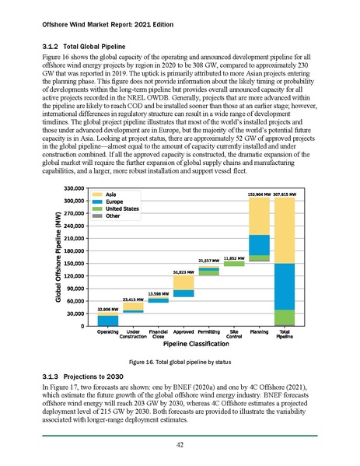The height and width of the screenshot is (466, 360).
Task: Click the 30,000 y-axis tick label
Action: click(74, 314)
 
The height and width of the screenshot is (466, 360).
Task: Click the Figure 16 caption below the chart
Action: click(180, 363)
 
